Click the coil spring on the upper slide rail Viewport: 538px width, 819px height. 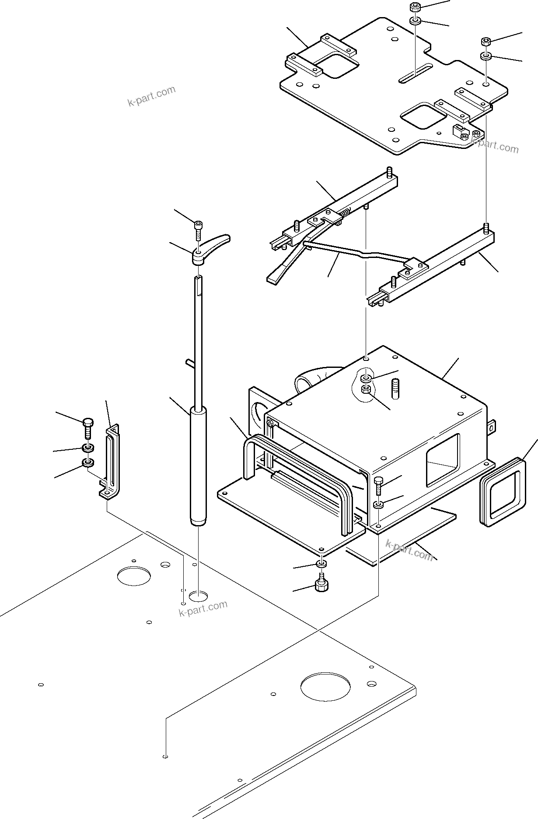pos(344,214)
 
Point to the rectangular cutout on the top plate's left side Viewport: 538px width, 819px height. pos(337,65)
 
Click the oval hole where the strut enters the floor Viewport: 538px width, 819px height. pos(199,596)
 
